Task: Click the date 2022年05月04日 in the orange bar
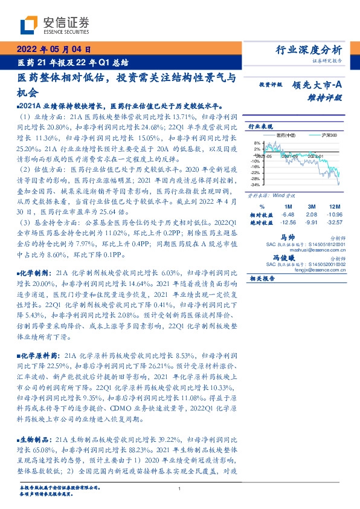(x=53, y=50)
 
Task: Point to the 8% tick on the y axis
(x=256, y=143)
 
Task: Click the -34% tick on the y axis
(x=255, y=184)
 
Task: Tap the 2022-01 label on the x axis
(x=314, y=155)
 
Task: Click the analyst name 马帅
(x=288, y=238)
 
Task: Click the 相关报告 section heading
(x=262, y=279)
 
